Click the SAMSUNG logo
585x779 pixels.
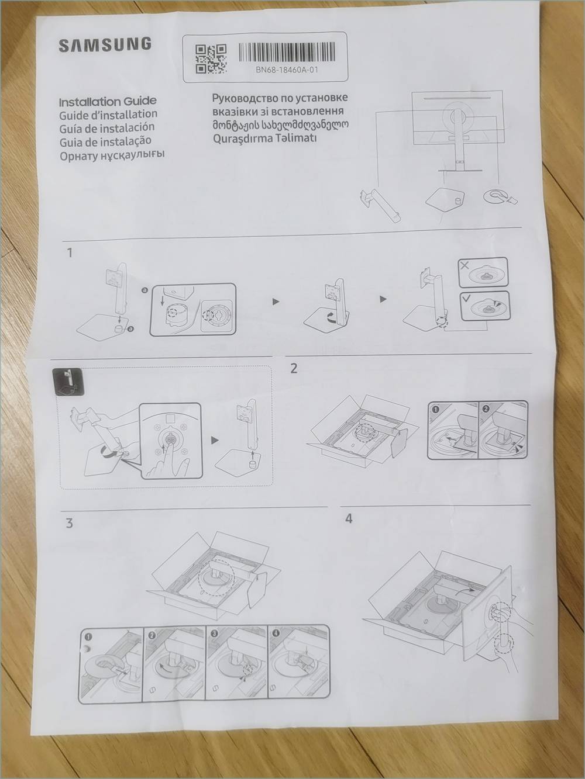[105, 44]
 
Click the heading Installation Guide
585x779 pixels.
[108, 102]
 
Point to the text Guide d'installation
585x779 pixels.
[108, 115]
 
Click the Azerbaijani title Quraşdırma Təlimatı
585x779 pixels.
[264, 138]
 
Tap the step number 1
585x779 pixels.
[70, 253]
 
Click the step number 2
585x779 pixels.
[294, 369]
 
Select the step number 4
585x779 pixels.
[349, 519]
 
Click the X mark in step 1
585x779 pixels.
[464, 265]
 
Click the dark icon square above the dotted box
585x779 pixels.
[68, 382]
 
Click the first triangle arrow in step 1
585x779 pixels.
[276, 302]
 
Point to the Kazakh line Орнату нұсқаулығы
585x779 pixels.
[112, 155]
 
